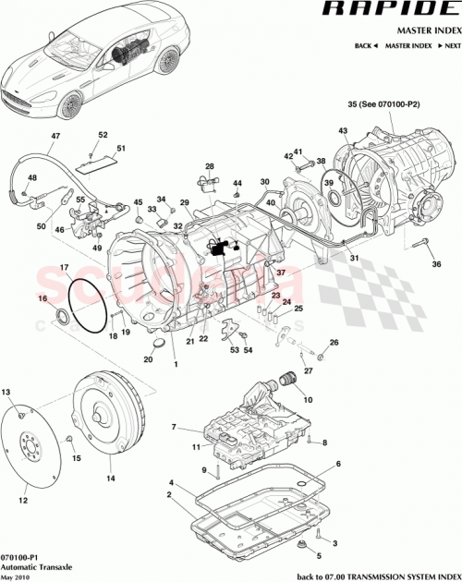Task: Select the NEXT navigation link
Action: tap(450, 45)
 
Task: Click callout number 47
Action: tap(55, 137)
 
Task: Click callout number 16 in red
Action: tap(41, 299)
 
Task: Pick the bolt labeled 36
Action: tap(422, 244)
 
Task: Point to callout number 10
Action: tap(307, 400)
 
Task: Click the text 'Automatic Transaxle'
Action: tap(33, 564)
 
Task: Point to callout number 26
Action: tap(334, 343)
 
